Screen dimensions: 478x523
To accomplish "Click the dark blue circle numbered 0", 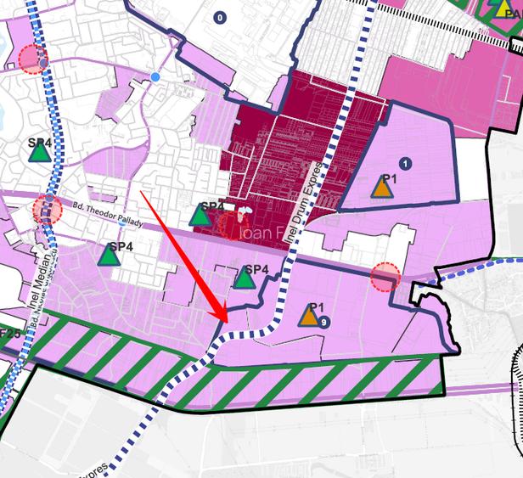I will click(221, 17).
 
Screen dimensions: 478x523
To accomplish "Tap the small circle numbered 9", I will click(324, 322).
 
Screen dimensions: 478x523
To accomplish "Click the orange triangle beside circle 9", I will click(312, 317).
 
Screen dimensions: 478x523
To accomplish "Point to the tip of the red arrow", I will click(227, 322).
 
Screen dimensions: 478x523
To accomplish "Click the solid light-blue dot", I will click(155, 77).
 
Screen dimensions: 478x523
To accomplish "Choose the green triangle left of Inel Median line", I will click(39, 151).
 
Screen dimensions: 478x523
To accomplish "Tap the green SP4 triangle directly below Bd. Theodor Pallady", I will click(111, 254).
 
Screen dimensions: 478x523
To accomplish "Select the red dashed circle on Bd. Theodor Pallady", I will click(48, 209).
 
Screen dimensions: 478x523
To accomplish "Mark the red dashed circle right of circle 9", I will click(385, 276).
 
